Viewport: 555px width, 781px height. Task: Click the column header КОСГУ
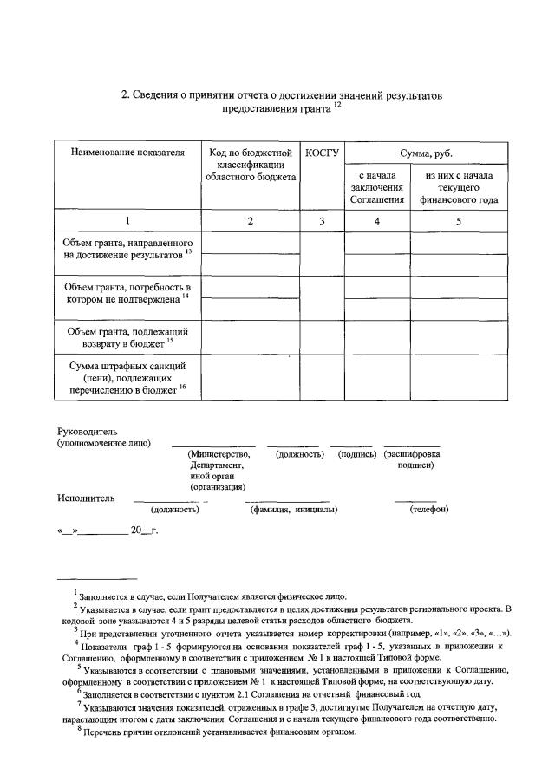[321, 153]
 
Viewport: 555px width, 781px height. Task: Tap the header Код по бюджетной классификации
[250, 164]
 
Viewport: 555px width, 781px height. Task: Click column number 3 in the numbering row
[321, 221]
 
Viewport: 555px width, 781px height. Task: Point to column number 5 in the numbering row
[459, 221]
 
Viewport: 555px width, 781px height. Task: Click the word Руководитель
[87, 431]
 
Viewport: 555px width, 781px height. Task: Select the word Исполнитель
[84, 498]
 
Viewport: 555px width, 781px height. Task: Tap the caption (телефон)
[428, 509]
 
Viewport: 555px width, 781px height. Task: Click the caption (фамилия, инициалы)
[294, 509]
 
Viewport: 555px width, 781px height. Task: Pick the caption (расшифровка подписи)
[412, 459]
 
